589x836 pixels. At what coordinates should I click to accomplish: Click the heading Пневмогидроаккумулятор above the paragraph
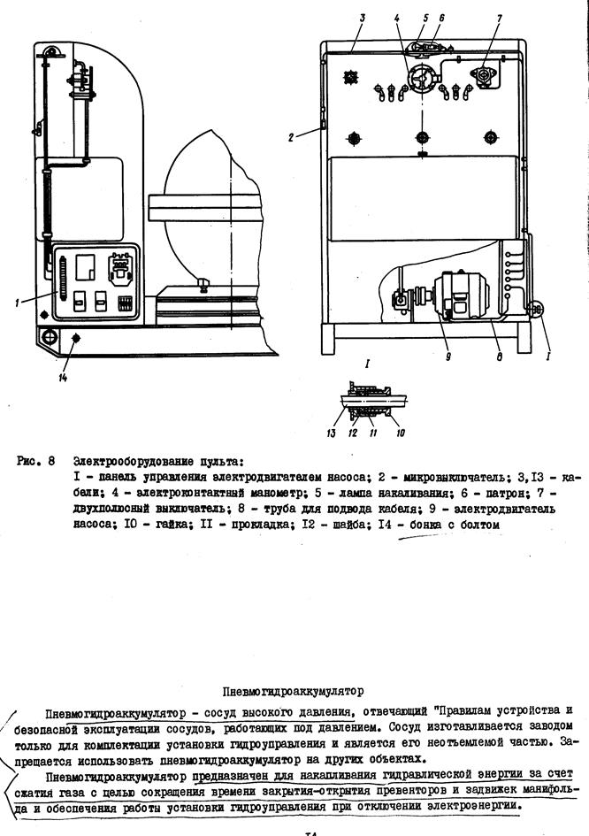click(x=292, y=690)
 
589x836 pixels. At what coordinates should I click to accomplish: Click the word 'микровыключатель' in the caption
click(x=454, y=477)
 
